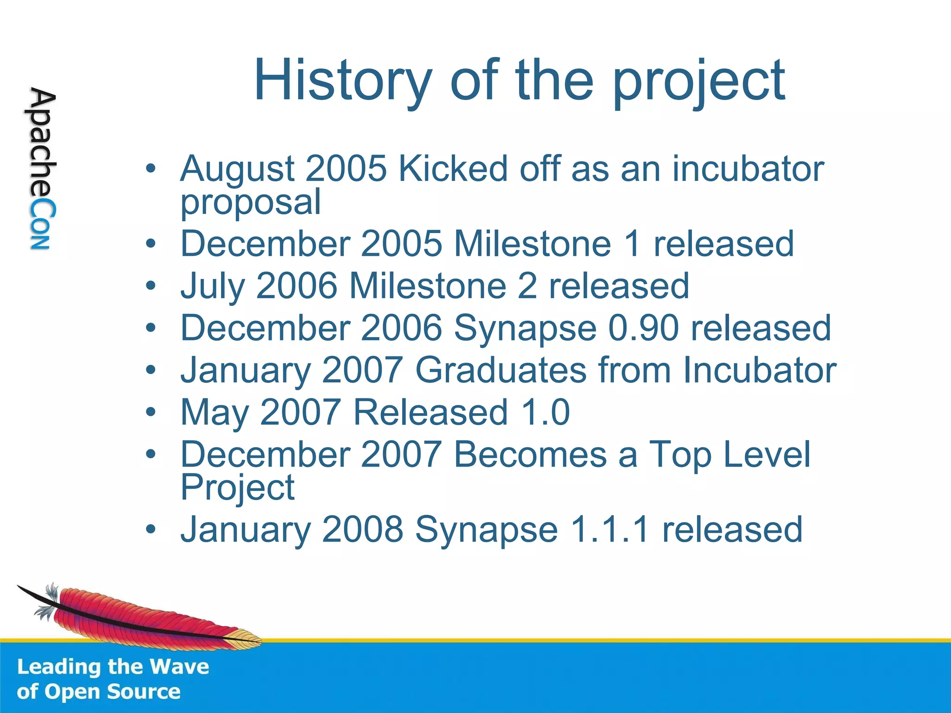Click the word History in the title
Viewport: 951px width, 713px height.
[343, 80]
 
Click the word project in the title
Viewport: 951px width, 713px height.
[699, 83]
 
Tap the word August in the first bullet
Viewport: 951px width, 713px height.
[237, 169]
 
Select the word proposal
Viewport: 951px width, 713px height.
[250, 202]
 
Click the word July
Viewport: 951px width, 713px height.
[212, 286]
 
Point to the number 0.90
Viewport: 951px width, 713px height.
[644, 328]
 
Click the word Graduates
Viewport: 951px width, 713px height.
[501, 370]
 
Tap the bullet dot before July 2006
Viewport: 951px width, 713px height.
[150, 286]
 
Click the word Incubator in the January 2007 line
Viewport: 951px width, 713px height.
[759, 370]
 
